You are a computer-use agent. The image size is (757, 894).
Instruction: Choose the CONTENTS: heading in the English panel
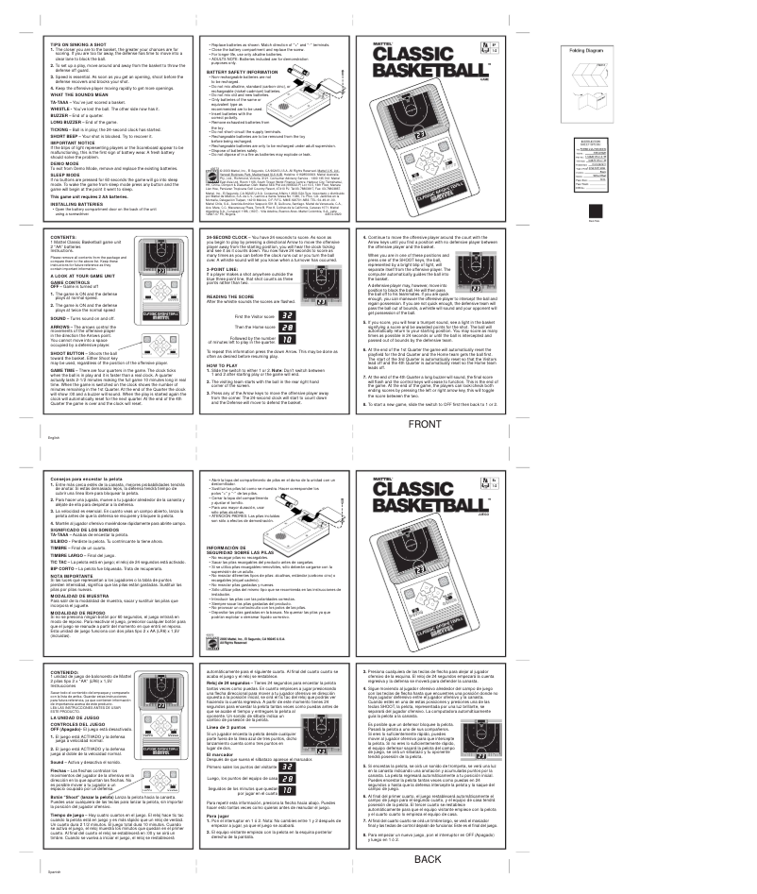coord(71,254)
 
